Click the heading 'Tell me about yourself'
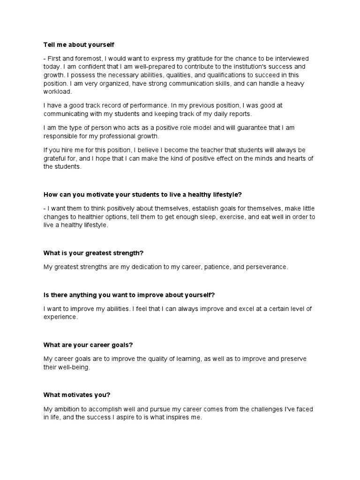(79, 45)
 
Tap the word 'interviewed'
(291, 58)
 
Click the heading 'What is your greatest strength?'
(93, 253)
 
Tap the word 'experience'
(60, 317)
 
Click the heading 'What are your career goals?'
(88, 345)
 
